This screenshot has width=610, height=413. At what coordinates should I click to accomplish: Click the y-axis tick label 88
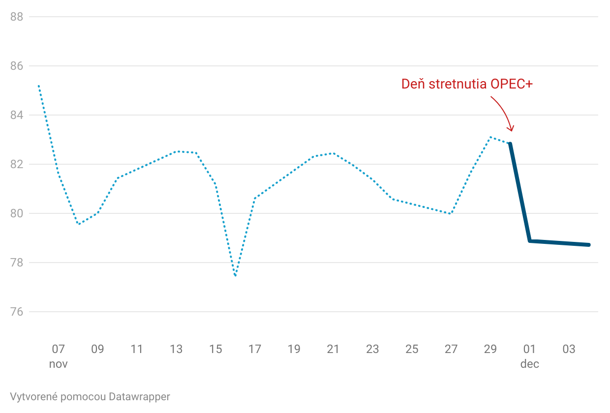click(17, 17)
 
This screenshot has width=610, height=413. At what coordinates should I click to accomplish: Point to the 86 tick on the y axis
click(17, 66)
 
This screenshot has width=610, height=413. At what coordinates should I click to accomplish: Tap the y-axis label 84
click(17, 115)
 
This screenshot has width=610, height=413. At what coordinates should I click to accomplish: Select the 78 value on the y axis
click(17, 263)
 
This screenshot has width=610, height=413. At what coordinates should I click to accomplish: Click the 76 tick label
click(17, 312)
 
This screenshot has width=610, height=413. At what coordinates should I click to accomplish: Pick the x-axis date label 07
click(58, 350)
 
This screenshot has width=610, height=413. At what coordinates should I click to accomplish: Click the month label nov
click(58, 364)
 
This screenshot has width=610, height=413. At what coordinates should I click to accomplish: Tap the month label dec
click(530, 364)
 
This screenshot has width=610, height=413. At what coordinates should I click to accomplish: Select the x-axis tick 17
click(255, 350)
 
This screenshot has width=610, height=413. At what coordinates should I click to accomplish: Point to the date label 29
click(490, 350)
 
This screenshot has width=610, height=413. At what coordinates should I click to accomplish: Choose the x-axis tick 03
click(569, 350)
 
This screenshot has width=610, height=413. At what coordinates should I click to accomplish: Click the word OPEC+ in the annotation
click(512, 84)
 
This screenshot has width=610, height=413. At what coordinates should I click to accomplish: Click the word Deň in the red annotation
click(413, 84)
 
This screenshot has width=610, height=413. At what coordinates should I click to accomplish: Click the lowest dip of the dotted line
click(235, 276)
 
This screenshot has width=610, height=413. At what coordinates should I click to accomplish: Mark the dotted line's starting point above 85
click(38, 86)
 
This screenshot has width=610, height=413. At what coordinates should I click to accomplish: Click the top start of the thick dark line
click(510, 144)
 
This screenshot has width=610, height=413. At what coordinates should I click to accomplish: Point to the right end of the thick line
click(588, 245)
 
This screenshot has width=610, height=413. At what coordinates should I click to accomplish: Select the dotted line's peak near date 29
click(490, 137)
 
